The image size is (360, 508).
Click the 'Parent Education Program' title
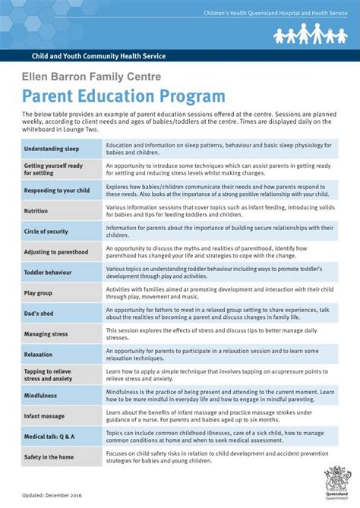coord(124,96)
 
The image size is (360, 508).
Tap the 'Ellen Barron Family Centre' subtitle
coord(91,76)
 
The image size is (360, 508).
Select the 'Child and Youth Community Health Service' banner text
coord(99,57)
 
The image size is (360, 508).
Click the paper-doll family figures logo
coord(309,34)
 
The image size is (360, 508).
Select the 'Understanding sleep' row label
coord(51,149)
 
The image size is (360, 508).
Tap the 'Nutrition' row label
coord(36,210)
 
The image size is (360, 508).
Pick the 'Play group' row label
coord(39,292)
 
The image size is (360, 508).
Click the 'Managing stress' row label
coord(46,333)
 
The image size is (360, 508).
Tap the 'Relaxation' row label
coord(38,354)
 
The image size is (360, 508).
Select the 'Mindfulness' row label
coord(40,395)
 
